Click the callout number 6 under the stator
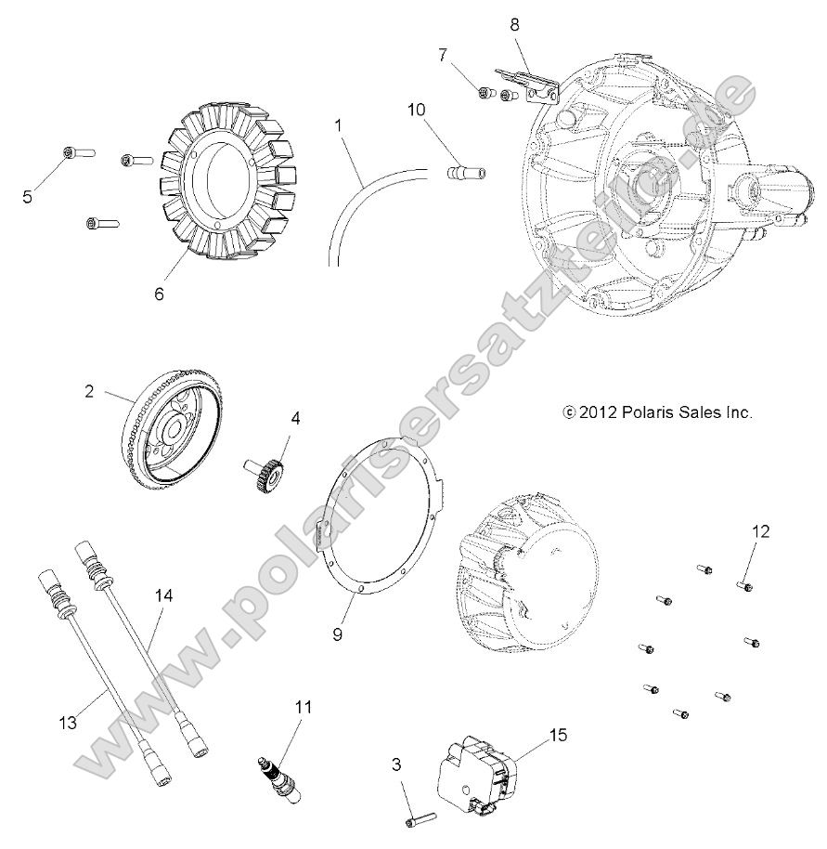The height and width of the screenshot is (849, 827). click(x=158, y=294)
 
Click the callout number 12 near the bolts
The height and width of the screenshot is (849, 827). click(x=760, y=531)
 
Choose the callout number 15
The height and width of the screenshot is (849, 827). click(x=557, y=735)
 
